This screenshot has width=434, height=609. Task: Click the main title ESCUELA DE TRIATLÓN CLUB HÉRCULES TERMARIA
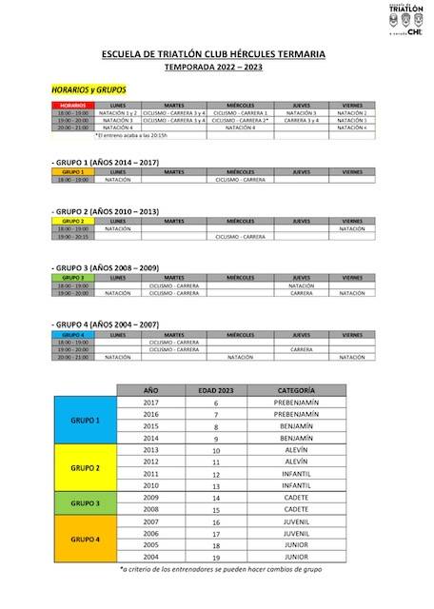coord(217,55)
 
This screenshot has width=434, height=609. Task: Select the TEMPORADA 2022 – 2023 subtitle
coord(217,69)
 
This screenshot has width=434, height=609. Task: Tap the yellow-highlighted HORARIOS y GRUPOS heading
coord(88,89)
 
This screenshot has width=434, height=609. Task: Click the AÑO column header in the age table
coord(150,390)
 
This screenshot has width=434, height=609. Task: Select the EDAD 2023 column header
coord(216,390)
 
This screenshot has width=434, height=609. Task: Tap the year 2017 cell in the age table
coord(150,403)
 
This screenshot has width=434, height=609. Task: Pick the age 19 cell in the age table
coord(216,557)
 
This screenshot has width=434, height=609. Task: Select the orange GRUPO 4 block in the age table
coord(86,538)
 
